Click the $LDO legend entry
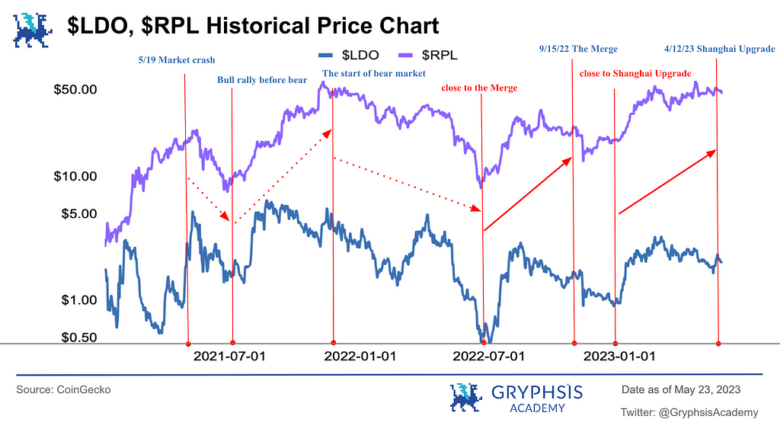pos(350,55)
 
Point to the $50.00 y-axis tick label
pos(75,90)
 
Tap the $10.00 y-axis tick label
pos(75,176)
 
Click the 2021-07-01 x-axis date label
pos(229,357)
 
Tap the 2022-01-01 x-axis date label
pos(360,357)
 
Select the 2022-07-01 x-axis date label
pos(488,357)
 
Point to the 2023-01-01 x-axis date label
pos(619,357)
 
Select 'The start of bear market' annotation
pos(374,74)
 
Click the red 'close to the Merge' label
pos(478,88)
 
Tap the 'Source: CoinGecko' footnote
pos(63,389)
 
